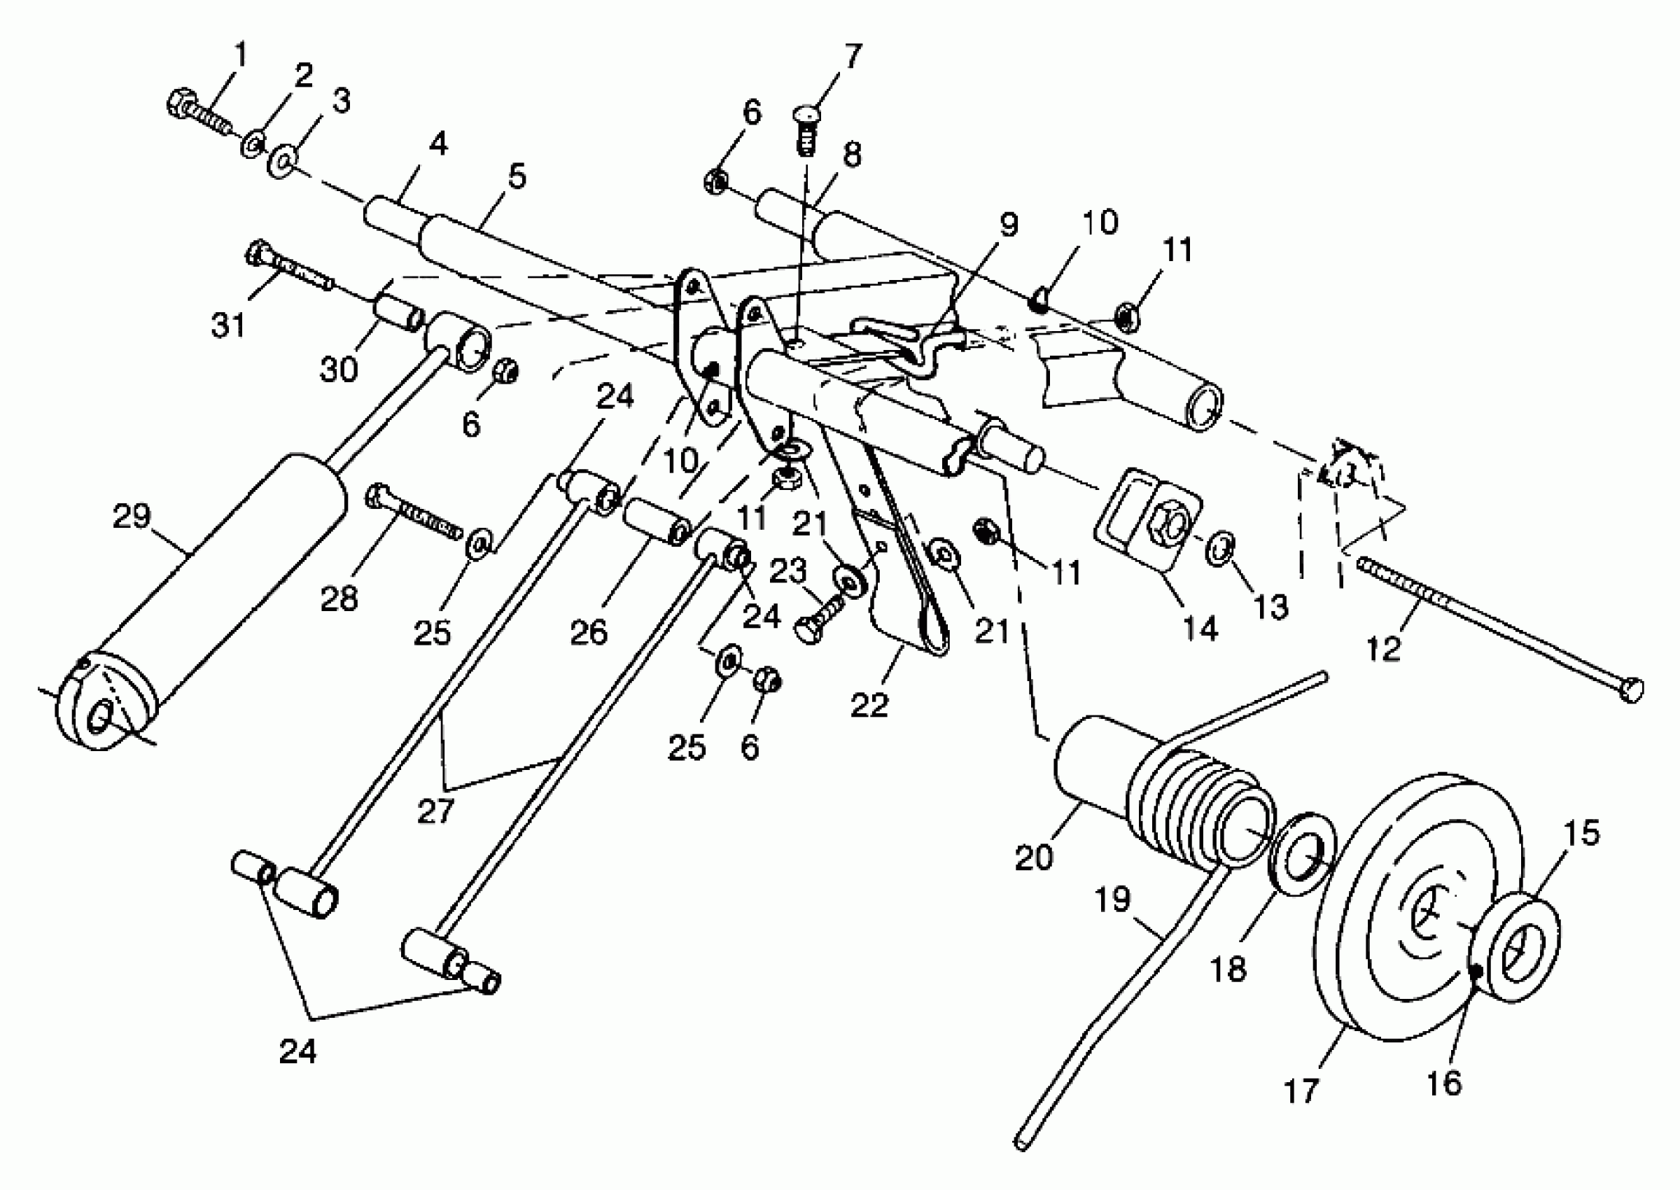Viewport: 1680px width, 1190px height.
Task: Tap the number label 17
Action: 1301,1091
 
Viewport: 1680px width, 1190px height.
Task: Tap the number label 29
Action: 132,517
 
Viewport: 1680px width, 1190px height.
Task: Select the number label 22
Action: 869,704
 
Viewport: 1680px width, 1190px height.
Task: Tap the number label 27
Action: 436,811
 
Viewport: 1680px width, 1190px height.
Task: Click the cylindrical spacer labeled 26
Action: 656,521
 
